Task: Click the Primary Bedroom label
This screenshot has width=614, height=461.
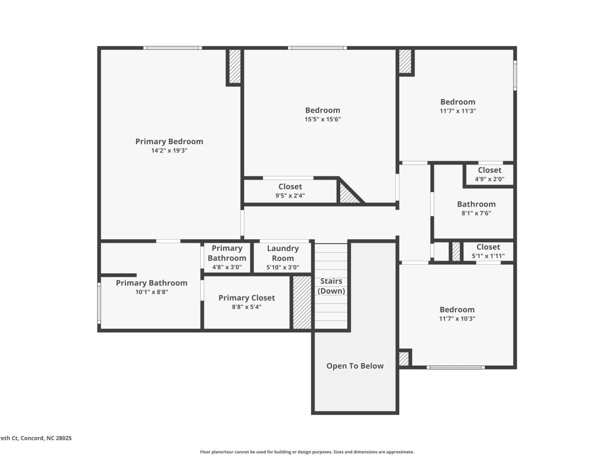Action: [x=169, y=142]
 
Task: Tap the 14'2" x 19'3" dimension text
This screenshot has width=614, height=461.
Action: [x=169, y=150]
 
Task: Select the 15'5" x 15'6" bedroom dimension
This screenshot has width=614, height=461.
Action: [x=323, y=119]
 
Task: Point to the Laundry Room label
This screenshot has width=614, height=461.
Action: [x=283, y=253]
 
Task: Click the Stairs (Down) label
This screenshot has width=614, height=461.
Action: [x=331, y=286]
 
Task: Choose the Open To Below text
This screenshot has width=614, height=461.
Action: [x=355, y=366]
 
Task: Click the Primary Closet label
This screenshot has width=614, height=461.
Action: [x=247, y=298]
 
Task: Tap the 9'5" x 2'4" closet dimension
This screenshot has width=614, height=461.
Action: [x=290, y=196]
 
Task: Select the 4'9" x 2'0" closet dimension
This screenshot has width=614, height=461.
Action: [x=490, y=179]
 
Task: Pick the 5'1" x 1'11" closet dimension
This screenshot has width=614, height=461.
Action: [x=488, y=256]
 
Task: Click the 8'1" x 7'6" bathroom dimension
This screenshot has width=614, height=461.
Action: [x=476, y=213]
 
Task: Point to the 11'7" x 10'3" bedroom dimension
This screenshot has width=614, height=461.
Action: [x=457, y=319]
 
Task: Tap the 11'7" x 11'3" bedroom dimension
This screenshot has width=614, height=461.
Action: [x=458, y=111]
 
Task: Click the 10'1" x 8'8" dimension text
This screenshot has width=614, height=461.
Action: [x=152, y=292]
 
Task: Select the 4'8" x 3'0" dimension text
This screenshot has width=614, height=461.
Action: [x=227, y=267]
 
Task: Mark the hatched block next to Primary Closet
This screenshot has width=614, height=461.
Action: [x=302, y=302]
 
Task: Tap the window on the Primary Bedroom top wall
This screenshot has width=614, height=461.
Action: [x=172, y=48]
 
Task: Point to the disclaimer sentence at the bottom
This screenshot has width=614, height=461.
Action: [x=307, y=452]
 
